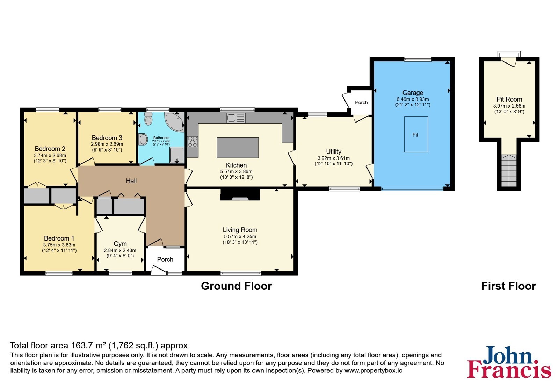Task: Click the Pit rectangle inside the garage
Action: coord(416,134)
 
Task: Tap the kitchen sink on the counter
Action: coord(236,118)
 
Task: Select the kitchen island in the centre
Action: coord(238,148)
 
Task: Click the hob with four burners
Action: coord(193,142)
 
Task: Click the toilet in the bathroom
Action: coord(148,118)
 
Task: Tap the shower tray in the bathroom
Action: coord(177,155)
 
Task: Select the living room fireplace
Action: coord(240,194)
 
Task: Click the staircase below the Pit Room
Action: coord(509,171)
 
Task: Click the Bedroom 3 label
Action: coord(107,138)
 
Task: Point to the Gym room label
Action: coord(120,244)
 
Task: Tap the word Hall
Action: coord(131,181)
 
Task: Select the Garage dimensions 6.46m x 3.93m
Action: coord(413,99)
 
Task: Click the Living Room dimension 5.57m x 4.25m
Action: coord(240,236)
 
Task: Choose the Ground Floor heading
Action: coord(236,286)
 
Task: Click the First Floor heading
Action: coord(509,286)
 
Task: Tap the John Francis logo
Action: coord(509,362)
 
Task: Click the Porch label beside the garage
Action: coord(361,102)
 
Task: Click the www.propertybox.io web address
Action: coord(373,370)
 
